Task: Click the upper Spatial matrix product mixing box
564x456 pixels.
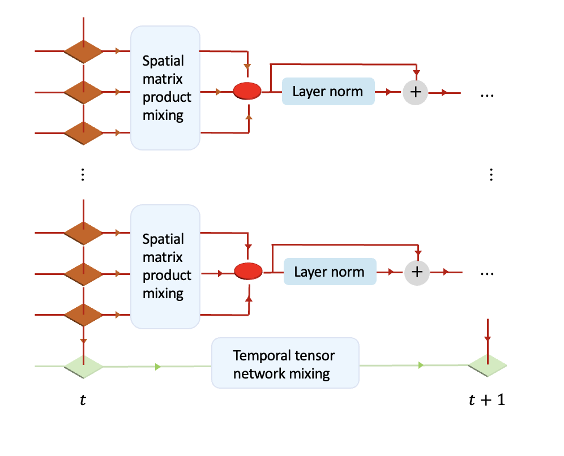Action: pos(165,88)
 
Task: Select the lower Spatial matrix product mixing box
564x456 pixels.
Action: pos(165,267)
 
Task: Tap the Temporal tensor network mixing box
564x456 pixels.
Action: pos(285,364)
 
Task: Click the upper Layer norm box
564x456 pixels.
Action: pos(328,91)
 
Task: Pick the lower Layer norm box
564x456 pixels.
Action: pos(329,272)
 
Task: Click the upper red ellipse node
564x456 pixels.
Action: pos(247,91)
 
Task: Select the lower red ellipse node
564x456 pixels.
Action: pos(248,272)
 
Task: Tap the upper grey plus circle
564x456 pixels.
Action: pos(416,92)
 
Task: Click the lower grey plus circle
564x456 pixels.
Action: pos(417,272)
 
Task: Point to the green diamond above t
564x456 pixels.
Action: pos(83,366)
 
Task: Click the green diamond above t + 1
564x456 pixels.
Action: pos(487,365)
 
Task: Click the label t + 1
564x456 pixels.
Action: pos(487,401)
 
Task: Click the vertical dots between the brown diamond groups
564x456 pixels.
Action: pos(83,175)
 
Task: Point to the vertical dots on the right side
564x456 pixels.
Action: pos(491,175)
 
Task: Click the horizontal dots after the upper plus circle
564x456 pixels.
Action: pos(487,96)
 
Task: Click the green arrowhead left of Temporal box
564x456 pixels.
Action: pos(158,367)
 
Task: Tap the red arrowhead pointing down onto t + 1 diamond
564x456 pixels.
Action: pos(487,339)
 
